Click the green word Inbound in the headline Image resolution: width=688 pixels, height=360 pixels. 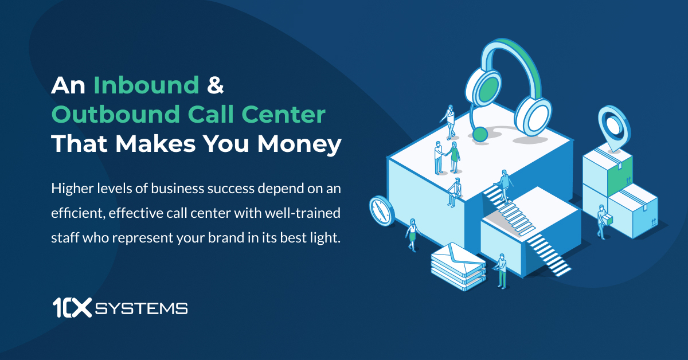pos(146,86)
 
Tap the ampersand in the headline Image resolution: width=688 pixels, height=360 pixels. pos(214,86)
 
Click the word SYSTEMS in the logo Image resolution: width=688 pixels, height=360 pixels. pos(141,309)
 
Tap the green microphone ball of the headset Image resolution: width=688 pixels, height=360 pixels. pos(479,134)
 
